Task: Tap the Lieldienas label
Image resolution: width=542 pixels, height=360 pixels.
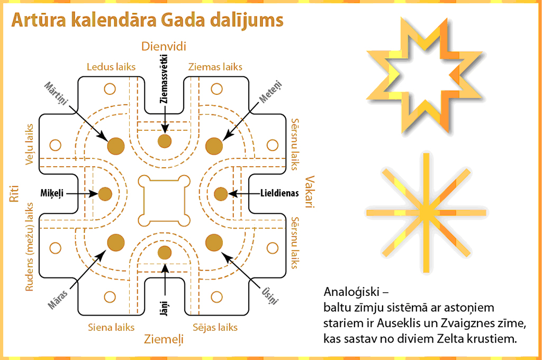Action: (280, 194)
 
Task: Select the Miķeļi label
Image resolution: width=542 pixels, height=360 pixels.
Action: (52, 194)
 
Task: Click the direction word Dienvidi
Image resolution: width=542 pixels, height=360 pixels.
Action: (164, 47)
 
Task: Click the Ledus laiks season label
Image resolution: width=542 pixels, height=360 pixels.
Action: (111, 67)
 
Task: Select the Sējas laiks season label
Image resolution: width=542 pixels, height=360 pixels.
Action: (215, 327)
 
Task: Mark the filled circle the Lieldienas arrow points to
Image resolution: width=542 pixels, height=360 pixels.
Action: (221, 194)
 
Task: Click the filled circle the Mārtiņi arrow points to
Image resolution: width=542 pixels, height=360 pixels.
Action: (115, 146)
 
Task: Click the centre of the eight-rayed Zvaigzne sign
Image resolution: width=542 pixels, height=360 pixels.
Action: (426, 213)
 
